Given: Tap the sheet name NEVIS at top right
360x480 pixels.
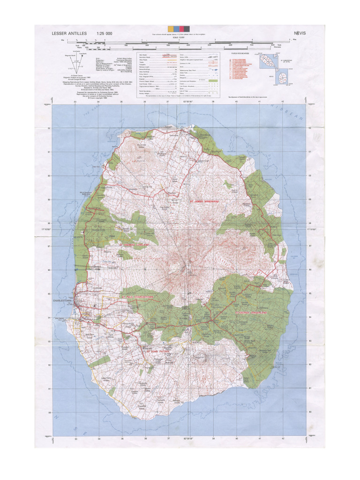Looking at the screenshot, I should [300, 34].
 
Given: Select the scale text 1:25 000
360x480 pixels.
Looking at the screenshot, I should [105, 34].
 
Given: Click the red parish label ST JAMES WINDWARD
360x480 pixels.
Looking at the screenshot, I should [204, 201].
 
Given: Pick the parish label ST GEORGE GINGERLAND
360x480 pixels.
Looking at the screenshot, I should [255, 312].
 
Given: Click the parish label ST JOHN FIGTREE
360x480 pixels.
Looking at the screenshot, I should [157, 349].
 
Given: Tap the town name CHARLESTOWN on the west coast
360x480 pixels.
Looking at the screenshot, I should [64, 300].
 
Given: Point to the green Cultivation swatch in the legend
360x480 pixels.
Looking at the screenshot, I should [214, 81].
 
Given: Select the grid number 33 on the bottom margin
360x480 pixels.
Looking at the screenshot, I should [75, 439].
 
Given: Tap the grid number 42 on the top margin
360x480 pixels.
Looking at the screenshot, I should [283, 101].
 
